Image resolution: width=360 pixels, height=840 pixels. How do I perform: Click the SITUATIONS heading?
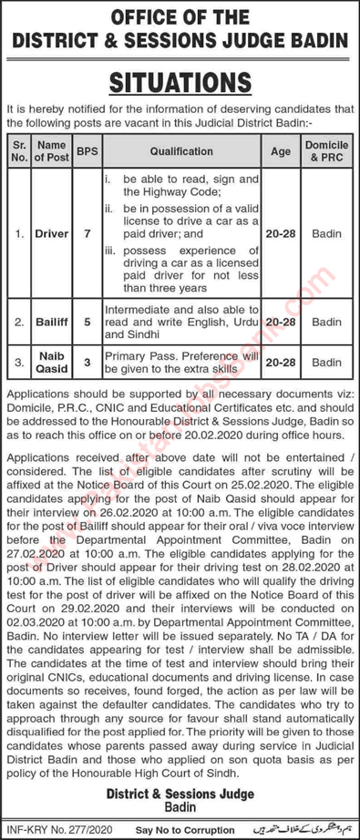click(x=180, y=83)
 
